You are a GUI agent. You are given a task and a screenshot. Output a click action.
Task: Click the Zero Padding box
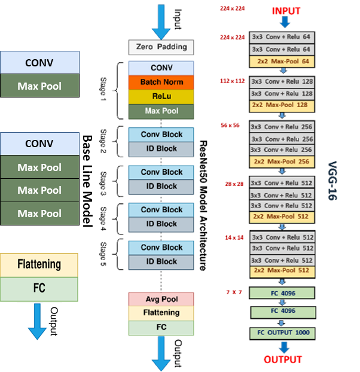click(161, 47)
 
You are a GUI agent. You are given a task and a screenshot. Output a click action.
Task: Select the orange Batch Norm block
click(161, 82)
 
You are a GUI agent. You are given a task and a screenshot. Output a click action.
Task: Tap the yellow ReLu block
click(161, 96)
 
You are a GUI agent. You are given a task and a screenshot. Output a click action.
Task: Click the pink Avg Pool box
click(161, 299)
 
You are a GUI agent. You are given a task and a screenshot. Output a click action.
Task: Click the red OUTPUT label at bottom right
click(283, 359)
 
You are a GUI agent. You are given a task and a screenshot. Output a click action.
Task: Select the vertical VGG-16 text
click(332, 180)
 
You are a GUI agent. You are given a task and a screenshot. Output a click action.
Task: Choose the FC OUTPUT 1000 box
click(282, 333)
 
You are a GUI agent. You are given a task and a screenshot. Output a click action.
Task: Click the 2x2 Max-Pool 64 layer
click(282, 62)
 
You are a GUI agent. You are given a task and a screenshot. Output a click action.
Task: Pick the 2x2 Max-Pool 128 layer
click(282, 105)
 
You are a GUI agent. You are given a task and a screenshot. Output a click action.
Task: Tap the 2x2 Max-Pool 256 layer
click(282, 161)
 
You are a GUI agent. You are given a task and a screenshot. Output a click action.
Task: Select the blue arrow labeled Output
click(37, 321)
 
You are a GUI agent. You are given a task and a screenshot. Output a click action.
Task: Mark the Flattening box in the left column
click(39, 264)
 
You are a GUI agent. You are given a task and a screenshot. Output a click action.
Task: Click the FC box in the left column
click(39, 289)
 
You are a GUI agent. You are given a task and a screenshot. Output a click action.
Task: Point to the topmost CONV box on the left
click(39, 62)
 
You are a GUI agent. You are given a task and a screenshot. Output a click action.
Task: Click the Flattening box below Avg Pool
click(161, 313)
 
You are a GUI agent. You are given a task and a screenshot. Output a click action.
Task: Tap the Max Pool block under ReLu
click(161, 111)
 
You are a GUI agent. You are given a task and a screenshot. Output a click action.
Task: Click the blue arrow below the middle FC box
click(161, 353)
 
